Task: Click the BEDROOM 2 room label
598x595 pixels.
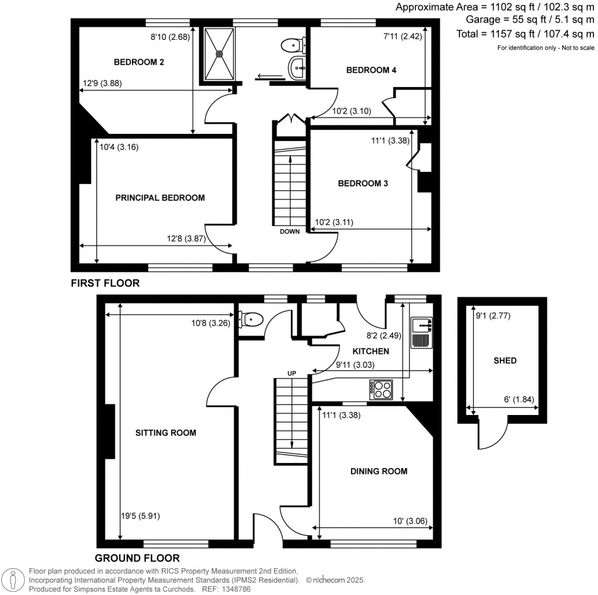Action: pos(138,61)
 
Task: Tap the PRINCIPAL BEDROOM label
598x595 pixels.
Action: pos(160,198)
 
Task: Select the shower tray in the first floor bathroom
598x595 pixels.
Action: pos(220,53)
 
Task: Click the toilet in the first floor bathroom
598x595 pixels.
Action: pos(291,44)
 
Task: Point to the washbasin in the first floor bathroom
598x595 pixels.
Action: pos(297,68)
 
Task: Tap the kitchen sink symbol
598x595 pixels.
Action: pos(421,333)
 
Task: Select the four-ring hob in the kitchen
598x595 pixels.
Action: pos(380,389)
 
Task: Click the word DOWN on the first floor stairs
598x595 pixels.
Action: pos(290,231)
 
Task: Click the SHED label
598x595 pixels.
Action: pos(505,361)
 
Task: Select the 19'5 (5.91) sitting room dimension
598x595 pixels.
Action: pos(141,516)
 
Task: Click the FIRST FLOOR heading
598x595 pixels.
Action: pos(105,283)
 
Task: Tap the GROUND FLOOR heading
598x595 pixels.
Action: pos(137,558)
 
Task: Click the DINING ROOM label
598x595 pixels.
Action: pos(378,471)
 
